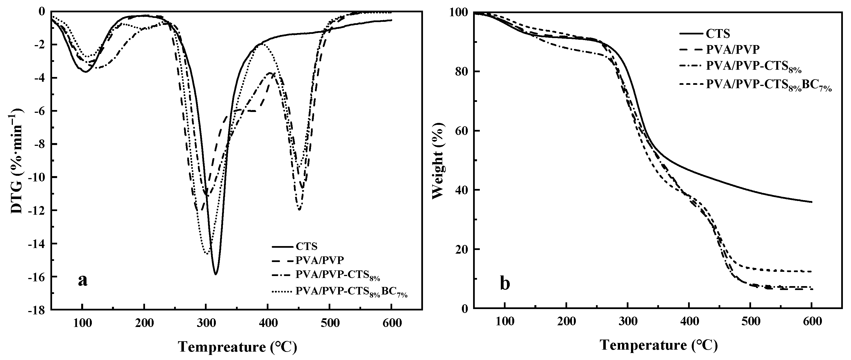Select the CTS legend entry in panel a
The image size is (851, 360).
click(x=306, y=247)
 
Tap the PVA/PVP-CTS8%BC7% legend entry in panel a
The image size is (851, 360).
click(x=351, y=292)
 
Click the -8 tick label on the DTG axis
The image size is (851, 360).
click(x=40, y=144)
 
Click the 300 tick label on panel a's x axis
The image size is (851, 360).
click(x=205, y=323)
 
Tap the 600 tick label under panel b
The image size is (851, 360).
click(x=812, y=321)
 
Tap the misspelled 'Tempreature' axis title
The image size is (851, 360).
click(x=238, y=347)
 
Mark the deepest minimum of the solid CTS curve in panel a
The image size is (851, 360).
click(x=215, y=274)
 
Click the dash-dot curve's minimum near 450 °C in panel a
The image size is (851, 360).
click(x=299, y=209)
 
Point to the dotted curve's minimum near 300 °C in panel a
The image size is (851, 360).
click(x=207, y=254)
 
